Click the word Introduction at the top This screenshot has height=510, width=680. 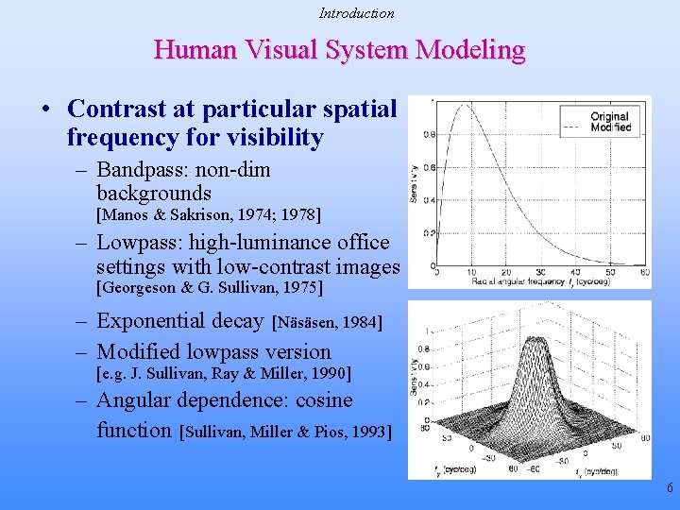[356, 13]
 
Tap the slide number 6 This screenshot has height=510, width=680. [670, 488]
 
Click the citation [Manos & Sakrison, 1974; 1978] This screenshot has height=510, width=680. [209, 215]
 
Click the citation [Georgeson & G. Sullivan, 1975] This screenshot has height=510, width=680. [210, 287]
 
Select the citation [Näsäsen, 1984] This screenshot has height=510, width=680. [327, 323]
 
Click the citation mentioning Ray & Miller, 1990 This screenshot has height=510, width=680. [224, 373]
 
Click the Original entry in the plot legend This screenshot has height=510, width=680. [609, 116]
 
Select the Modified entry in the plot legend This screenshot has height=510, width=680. [610, 127]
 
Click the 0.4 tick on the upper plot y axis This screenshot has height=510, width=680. [429, 200]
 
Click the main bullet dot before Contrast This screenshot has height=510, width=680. [46, 110]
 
